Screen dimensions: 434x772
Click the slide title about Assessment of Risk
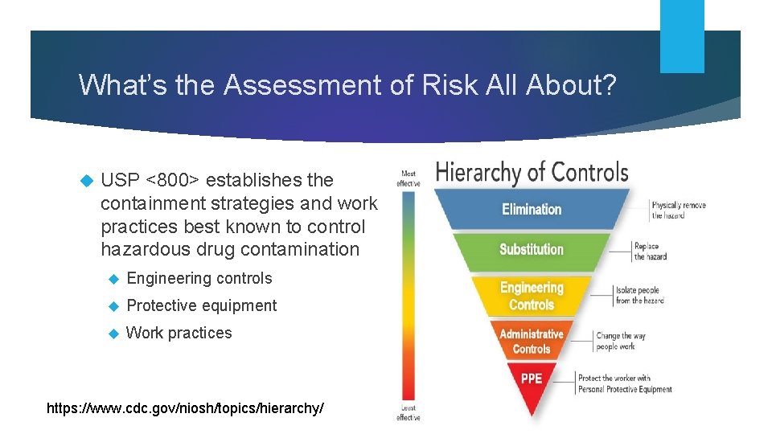pyautogui.click(x=347, y=84)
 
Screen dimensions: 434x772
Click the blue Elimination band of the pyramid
pyautogui.click(x=532, y=209)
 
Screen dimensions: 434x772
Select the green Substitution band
pyautogui.click(x=532, y=249)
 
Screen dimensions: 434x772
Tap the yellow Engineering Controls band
pyautogui.click(x=532, y=296)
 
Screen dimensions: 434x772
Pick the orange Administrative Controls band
pyautogui.click(x=532, y=341)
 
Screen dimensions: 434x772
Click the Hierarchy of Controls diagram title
pyautogui.click(x=532, y=172)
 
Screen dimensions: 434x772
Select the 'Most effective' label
pyautogui.click(x=409, y=178)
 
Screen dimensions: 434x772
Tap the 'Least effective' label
pyautogui.click(x=409, y=413)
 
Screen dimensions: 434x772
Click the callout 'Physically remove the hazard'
pyautogui.click(x=678, y=211)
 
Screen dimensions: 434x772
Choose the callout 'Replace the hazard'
pyautogui.click(x=650, y=252)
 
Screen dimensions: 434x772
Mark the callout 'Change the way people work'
pyautogui.click(x=620, y=341)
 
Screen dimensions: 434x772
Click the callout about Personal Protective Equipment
pyautogui.click(x=624, y=383)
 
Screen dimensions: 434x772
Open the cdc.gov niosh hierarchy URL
pyautogui.click(x=186, y=408)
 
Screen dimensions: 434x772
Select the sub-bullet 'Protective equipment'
pyautogui.click(x=201, y=305)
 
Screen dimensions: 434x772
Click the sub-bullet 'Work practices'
pyautogui.click(x=179, y=333)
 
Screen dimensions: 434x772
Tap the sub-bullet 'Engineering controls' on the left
pyautogui.click(x=199, y=278)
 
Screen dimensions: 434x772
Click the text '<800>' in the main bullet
pyautogui.click(x=171, y=180)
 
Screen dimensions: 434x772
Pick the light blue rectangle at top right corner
pyautogui.click(x=682, y=36)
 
